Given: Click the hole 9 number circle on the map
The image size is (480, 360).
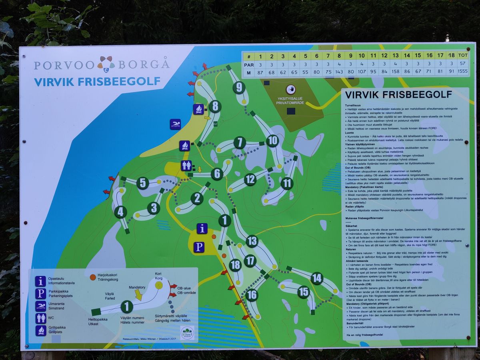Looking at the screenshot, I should (239, 87).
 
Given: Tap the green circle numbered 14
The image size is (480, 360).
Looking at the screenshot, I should (316, 278).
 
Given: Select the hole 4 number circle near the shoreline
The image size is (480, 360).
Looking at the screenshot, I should (120, 212).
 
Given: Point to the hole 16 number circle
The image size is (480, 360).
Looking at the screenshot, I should (252, 295).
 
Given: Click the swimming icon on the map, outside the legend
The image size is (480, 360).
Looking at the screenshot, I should (175, 124).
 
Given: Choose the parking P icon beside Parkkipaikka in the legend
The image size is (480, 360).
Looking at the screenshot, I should (41, 294).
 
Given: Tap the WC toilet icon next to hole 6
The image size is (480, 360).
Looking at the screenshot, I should (186, 165).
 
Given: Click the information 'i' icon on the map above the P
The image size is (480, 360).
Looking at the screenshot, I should (202, 228).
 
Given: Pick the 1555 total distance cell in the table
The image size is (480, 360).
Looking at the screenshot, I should (463, 72).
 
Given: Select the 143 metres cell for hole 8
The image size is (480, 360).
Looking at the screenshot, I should (339, 72).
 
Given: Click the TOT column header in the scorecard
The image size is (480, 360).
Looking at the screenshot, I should (463, 55).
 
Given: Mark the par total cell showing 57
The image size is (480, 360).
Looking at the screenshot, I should (463, 64).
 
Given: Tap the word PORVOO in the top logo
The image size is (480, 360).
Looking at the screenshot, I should (64, 65).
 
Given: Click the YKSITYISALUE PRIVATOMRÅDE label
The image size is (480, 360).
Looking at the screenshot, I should (290, 100).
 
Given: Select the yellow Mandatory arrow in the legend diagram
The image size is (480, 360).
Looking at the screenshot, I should (138, 295).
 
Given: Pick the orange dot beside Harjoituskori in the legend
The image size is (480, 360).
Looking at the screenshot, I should (92, 276).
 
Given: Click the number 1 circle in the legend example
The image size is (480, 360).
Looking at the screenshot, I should (126, 307).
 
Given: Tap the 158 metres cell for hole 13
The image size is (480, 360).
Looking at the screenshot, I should (396, 72).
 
